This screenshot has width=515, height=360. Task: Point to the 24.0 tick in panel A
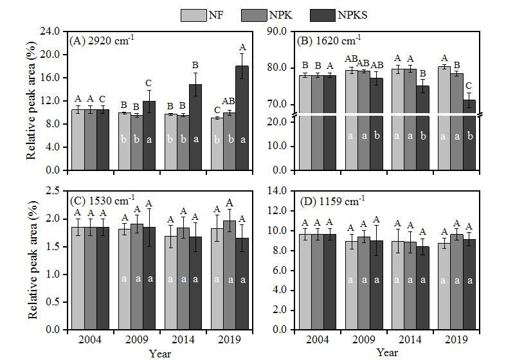51,31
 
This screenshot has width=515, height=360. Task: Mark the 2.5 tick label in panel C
54,191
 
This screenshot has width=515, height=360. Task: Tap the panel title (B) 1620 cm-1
328,41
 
